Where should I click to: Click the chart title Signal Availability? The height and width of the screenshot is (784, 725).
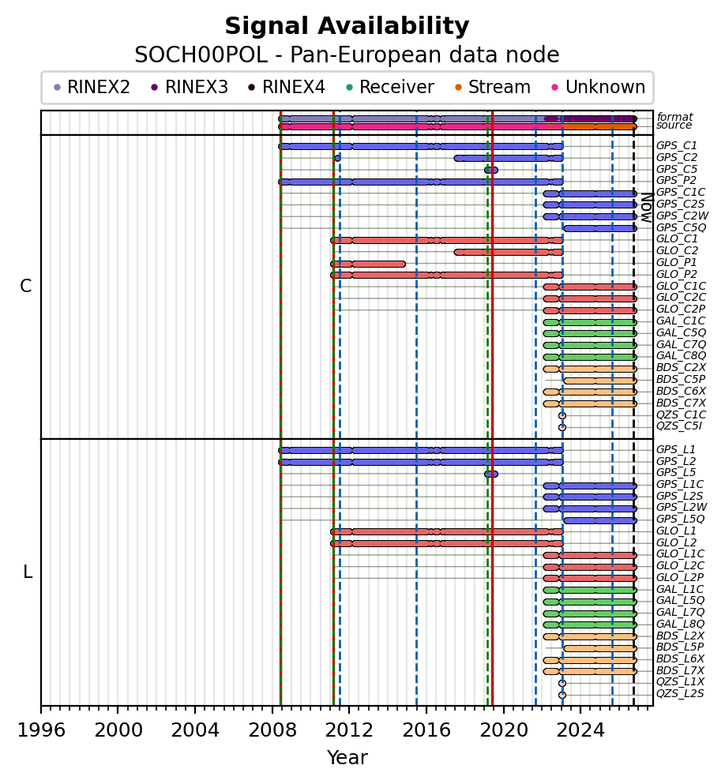pyautogui.click(x=347, y=26)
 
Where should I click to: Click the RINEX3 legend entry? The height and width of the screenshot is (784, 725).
pyautogui.click(x=190, y=88)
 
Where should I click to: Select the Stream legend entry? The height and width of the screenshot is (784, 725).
pyautogui.click(x=493, y=88)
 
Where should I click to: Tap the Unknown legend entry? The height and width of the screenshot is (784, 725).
pyautogui.click(x=599, y=88)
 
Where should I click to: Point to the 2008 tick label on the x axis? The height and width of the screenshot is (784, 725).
pyautogui.click(x=272, y=730)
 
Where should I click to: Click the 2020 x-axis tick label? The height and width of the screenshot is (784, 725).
pyautogui.click(x=504, y=730)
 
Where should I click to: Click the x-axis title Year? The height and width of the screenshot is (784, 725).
pyautogui.click(x=347, y=757)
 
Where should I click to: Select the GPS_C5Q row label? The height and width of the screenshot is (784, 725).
pyautogui.click(x=681, y=228)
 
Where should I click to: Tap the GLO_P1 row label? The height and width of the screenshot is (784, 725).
pyautogui.click(x=677, y=263)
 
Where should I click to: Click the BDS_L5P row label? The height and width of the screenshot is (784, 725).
pyautogui.click(x=680, y=647)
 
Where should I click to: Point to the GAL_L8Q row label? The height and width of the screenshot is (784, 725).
pyautogui.click(x=680, y=624)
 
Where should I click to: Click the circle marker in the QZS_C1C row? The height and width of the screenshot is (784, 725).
pyautogui.click(x=562, y=415)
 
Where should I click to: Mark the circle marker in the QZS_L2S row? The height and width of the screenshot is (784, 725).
pyautogui.click(x=562, y=695)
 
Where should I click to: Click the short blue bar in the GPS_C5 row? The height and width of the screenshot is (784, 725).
pyautogui.click(x=491, y=170)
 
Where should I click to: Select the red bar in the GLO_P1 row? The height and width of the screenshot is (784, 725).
pyautogui.click(x=368, y=264)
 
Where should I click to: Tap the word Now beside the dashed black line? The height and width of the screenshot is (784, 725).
pyautogui.click(x=647, y=208)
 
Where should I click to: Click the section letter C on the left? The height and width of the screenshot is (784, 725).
pyautogui.click(x=25, y=286)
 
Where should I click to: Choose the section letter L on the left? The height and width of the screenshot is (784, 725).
pyautogui.click(x=28, y=572)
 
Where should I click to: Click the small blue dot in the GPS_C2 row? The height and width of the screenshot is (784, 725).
pyautogui.click(x=337, y=158)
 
